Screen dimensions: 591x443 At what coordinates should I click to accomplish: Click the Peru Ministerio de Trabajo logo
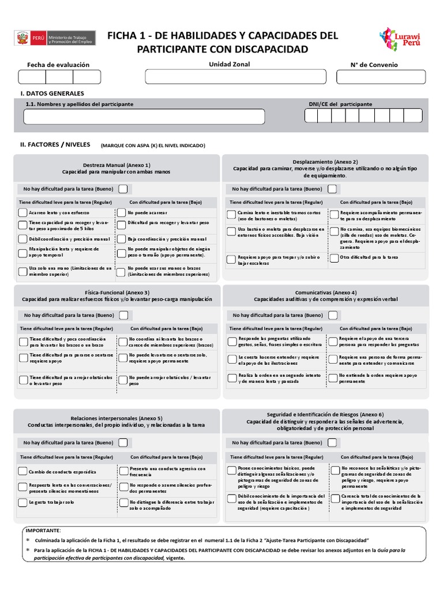(53, 38)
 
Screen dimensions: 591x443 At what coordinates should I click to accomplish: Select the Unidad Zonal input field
(233, 77)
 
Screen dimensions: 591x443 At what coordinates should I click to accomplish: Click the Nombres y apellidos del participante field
(136, 117)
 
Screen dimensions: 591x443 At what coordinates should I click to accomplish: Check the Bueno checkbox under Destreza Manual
(124, 189)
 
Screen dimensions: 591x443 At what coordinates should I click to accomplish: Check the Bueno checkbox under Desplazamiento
(333, 189)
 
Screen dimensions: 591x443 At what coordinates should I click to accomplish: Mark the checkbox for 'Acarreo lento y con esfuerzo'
(23, 213)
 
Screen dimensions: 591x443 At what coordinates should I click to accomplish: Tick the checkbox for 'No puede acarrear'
(122, 213)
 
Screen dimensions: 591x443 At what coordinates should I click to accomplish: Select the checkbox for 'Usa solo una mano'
(23, 271)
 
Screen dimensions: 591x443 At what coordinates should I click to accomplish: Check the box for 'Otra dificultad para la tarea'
(334, 258)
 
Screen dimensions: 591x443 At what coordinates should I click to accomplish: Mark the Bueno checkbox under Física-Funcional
(124, 315)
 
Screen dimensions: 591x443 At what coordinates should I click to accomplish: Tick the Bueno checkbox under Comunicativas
(333, 315)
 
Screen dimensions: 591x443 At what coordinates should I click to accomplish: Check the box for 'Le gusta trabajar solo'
(23, 503)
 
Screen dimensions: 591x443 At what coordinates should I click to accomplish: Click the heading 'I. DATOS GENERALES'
(52, 93)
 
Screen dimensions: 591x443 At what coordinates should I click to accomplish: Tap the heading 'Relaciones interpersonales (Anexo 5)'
(117, 418)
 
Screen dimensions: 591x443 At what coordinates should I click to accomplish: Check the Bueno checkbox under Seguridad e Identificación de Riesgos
(333, 443)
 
